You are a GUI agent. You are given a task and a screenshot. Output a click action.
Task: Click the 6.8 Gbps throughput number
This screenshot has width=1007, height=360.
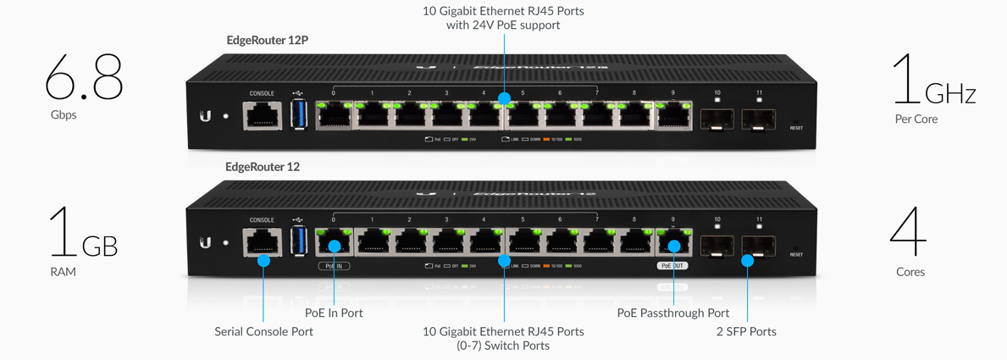click(x=84, y=78)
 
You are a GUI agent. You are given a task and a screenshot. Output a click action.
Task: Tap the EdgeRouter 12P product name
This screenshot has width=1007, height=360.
click(x=267, y=40)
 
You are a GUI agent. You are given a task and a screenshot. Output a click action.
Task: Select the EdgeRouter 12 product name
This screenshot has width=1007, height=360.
click(x=263, y=167)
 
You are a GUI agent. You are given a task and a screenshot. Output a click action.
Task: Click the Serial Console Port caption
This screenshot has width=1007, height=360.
click(x=263, y=331)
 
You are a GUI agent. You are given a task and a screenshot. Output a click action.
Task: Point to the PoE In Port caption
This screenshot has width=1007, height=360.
click(x=334, y=313)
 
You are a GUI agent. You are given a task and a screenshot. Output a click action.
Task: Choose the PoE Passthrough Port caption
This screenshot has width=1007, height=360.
click(x=673, y=313)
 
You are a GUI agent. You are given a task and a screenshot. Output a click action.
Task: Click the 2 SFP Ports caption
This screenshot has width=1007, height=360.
click(x=746, y=331)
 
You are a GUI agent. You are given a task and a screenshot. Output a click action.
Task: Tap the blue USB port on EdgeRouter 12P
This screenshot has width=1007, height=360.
click(x=298, y=115)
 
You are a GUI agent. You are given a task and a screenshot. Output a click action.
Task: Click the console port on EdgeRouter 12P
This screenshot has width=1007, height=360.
click(x=263, y=115)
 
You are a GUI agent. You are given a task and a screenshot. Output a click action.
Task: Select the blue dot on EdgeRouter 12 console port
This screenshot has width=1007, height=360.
click(x=263, y=261)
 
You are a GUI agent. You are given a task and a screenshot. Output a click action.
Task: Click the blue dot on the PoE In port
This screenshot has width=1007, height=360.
click(x=335, y=246)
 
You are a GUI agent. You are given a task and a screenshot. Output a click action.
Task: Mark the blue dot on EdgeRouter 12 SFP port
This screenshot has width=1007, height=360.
click(x=747, y=261)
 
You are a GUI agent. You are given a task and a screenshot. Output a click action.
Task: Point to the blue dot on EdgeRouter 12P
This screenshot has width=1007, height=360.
click(x=504, y=99)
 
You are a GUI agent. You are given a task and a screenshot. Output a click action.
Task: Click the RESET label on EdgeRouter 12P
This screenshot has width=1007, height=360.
click(x=796, y=128)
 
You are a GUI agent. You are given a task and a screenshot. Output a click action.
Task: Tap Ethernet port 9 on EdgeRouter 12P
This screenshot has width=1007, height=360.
click(x=673, y=115)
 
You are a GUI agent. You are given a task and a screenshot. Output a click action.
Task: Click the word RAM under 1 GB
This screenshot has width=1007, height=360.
click(x=63, y=272)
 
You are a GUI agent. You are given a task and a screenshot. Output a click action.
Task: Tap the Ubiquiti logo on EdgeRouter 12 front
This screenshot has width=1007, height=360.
click(x=205, y=243)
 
